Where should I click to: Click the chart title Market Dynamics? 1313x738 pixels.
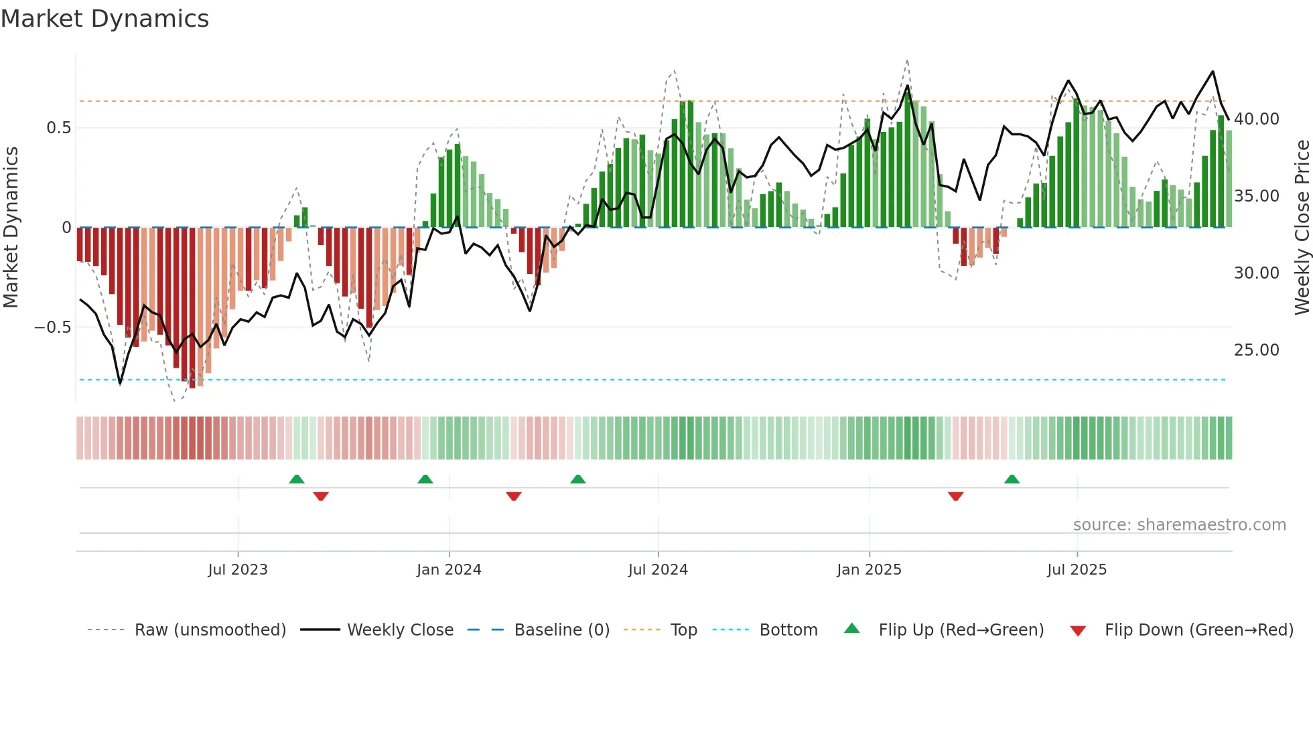(x=105, y=19)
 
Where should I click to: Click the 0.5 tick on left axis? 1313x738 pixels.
(x=58, y=128)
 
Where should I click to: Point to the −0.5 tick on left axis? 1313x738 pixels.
(x=52, y=327)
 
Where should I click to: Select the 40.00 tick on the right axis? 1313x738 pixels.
(x=1256, y=119)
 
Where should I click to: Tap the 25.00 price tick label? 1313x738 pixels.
(x=1256, y=350)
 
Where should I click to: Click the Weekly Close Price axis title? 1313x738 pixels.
(x=1302, y=228)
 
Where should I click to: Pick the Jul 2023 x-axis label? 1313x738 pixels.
(x=237, y=570)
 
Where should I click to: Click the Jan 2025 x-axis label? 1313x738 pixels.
(x=869, y=570)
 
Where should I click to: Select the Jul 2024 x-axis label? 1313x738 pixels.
(x=658, y=570)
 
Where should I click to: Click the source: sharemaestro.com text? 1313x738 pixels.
(x=1179, y=525)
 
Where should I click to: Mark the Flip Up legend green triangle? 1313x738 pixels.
(x=851, y=629)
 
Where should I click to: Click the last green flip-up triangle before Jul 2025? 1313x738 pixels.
(x=1012, y=479)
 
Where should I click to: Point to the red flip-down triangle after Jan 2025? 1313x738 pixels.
(x=955, y=496)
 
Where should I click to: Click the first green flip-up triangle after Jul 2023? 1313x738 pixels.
(x=297, y=479)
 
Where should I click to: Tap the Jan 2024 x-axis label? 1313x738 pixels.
(x=449, y=570)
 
